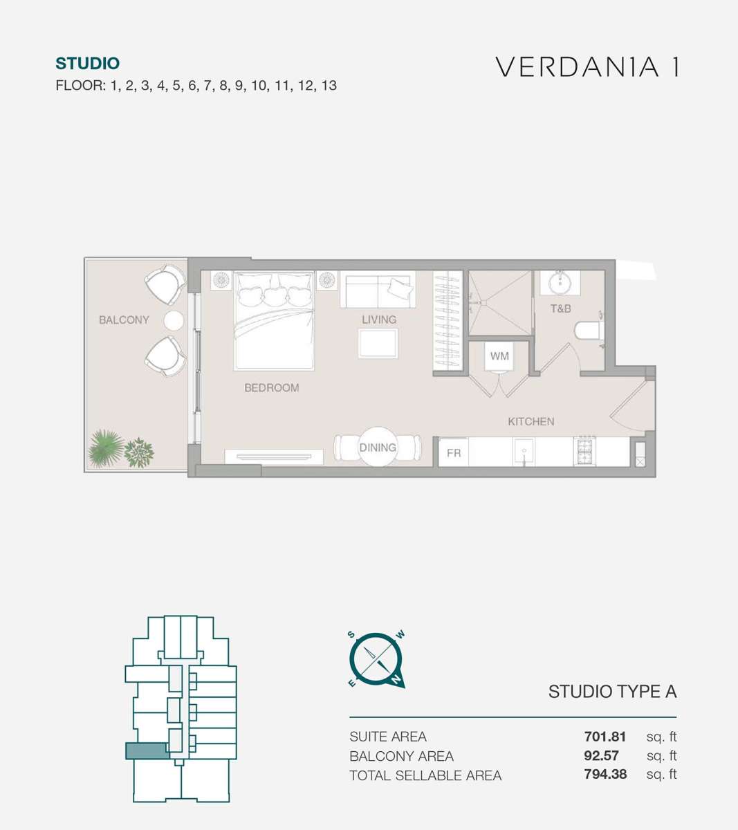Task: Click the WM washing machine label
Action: pos(499,356)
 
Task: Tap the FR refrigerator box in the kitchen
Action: pos(454,452)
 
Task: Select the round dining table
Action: pos(378,447)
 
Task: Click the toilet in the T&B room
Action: pos(589,330)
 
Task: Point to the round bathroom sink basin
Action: pos(560,282)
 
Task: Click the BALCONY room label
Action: pos(124,320)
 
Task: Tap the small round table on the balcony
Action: pos(174,320)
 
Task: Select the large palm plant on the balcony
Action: pos(106,448)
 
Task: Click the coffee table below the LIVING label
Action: pos(378,343)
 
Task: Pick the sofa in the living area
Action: pos(378,290)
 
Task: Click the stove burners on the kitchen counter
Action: pos(584,451)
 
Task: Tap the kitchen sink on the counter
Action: pos(524,452)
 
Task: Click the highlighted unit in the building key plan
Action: pos(147,751)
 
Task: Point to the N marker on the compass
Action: pos(396,680)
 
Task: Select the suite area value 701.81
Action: pos(605,737)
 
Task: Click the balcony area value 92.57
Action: pos(601,755)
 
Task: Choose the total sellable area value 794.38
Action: pos(605,774)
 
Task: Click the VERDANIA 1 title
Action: pos(587,67)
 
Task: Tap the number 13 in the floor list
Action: pos(329,85)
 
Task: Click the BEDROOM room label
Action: pos(272,388)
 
